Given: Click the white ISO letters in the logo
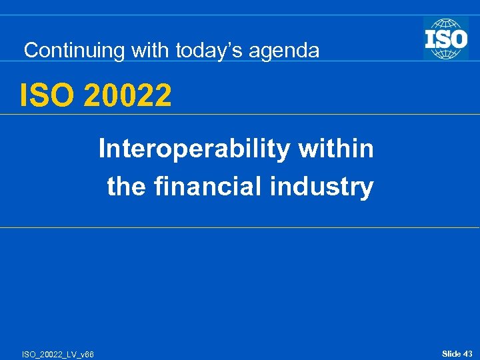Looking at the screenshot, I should tap(446, 38).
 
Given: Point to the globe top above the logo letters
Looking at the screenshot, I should tap(446, 22).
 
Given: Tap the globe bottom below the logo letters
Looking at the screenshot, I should tap(446, 54).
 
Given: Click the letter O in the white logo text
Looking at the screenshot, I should tap(457, 38).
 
